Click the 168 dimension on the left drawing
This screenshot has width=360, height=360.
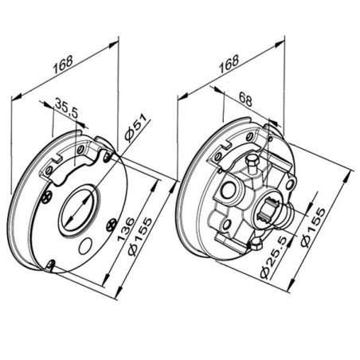coord(63,65)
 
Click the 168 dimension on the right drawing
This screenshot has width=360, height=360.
coord(229,64)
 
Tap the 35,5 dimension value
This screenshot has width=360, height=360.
coord(67,108)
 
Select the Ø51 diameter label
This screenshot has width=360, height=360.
coord(135,127)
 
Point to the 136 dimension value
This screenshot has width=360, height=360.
coord(126,229)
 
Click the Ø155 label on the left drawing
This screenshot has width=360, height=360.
coord(140,237)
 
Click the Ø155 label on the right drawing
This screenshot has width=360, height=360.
coord(313,228)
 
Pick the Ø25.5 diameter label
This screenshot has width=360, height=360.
coord(273,257)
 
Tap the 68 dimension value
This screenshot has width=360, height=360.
coord(245,99)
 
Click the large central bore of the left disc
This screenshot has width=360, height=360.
coord(77,210)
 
